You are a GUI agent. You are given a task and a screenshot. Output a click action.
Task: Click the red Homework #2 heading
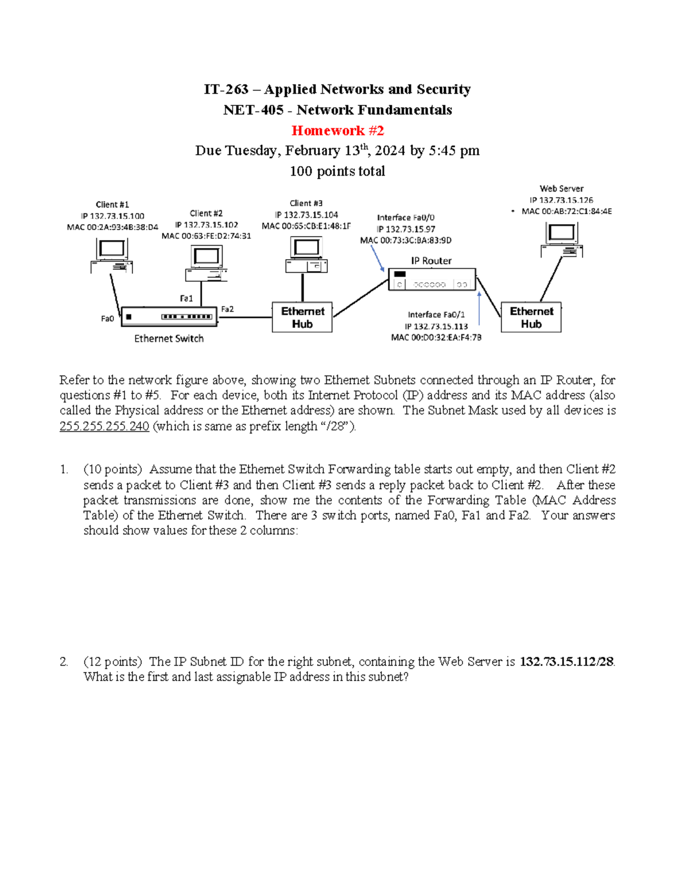(337, 131)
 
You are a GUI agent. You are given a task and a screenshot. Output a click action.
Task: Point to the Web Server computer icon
(562, 239)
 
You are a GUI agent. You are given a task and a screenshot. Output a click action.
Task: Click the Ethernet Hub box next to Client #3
(303, 318)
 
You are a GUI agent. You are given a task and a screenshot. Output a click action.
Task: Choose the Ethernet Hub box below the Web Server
(531, 318)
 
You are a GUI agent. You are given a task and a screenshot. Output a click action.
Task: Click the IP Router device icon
(432, 279)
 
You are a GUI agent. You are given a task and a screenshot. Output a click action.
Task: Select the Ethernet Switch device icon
(169, 317)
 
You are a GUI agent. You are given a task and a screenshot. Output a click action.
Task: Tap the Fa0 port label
(107, 319)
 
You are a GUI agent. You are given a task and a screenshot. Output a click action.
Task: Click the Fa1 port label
(186, 299)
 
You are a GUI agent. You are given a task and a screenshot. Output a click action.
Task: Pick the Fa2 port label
(227, 309)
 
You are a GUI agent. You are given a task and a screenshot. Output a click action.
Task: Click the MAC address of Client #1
(112, 228)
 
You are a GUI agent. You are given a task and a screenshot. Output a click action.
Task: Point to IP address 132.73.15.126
(561, 200)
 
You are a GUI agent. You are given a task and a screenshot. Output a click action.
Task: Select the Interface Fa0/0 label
(406, 217)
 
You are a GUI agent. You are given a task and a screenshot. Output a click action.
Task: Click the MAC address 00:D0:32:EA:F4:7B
(436, 337)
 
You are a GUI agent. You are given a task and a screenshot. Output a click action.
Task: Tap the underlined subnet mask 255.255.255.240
(104, 427)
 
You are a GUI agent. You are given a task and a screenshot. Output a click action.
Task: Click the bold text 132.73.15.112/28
(566, 661)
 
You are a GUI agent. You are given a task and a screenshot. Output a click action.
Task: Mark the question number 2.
(64, 661)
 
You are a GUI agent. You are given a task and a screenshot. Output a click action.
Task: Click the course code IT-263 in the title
(226, 90)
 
